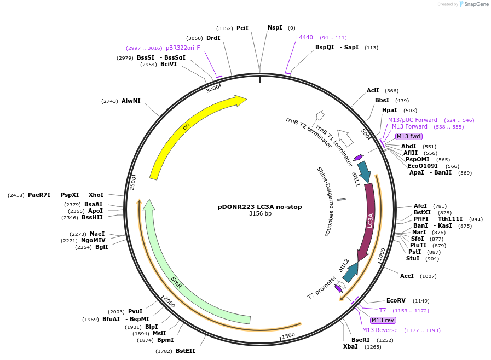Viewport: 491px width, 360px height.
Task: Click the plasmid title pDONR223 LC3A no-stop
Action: coord(259,207)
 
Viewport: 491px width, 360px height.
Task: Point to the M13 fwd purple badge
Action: coord(409,136)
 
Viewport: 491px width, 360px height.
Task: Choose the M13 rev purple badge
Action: coord(383,320)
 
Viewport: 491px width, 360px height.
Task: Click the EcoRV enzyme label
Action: coord(396,301)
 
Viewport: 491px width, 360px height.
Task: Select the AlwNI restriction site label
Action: coord(131,101)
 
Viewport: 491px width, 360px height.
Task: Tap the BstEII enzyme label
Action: coord(185,351)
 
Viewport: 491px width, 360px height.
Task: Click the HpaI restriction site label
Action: coord(390,111)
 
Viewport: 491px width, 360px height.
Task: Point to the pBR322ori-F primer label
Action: coord(183,48)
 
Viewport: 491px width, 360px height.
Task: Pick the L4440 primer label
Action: coord(304,38)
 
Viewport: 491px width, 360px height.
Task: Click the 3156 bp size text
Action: coord(260,214)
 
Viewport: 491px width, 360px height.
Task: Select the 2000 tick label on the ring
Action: coord(169,303)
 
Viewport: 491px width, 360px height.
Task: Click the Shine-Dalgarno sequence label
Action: coord(324,201)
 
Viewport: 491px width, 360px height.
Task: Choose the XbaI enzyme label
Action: coord(350,346)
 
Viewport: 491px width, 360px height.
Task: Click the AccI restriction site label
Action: coord(407,276)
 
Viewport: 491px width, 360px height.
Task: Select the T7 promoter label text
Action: coord(321,288)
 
